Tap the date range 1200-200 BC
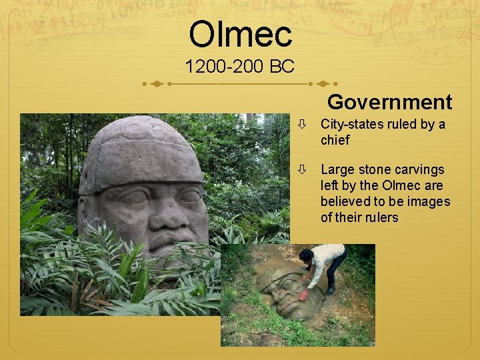[239, 67]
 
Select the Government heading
[389, 102]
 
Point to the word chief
[335, 141]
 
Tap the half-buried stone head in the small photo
[280, 293]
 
